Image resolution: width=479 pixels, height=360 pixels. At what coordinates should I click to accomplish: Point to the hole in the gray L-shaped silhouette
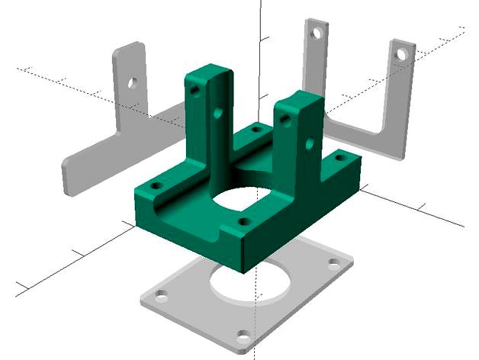point(133,81)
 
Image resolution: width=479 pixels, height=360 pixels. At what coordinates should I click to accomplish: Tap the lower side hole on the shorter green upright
point(310,142)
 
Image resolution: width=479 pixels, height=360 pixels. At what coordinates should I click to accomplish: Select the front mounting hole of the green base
point(243,222)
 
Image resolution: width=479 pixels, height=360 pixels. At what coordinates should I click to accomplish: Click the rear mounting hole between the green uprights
point(256,130)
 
